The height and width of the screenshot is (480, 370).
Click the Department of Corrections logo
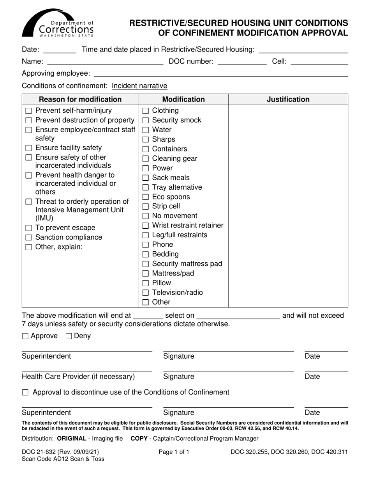click(x=58, y=23)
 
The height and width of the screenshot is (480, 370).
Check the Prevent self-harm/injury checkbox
click(x=28, y=111)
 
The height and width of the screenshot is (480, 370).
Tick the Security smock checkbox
click(x=145, y=121)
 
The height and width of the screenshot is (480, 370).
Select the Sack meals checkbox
click(x=145, y=178)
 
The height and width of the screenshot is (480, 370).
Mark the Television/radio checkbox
click(x=145, y=293)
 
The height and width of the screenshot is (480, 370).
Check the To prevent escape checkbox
click(x=28, y=228)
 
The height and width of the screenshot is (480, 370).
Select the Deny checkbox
click(x=69, y=336)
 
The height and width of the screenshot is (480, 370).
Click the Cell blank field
click(x=319, y=62)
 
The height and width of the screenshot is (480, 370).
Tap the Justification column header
click(x=288, y=100)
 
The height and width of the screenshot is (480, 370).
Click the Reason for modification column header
click(x=80, y=100)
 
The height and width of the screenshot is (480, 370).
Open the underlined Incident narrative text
click(x=139, y=86)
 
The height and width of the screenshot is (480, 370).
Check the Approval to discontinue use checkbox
click(x=25, y=393)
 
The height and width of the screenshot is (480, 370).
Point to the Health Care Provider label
click(x=78, y=377)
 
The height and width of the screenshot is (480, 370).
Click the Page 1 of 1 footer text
click(x=174, y=452)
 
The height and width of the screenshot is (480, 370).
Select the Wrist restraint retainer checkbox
click(x=145, y=226)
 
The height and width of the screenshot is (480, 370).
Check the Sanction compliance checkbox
click(x=28, y=238)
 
